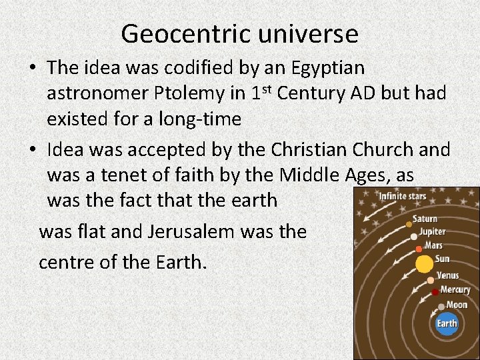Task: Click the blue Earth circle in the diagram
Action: click(x=447, y=324)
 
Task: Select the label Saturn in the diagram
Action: click(x=425, y=219)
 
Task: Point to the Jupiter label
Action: click(x=432, y=233)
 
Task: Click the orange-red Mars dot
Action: click(x=419, y=249)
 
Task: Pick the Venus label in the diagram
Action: click(x=447, y=275)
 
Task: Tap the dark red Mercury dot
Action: click(x=435, y=292)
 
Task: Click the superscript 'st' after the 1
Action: click(x=267, y=88)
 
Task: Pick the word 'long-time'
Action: click(x=203, y=119)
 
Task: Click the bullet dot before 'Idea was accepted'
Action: click(x=33, y=150)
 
